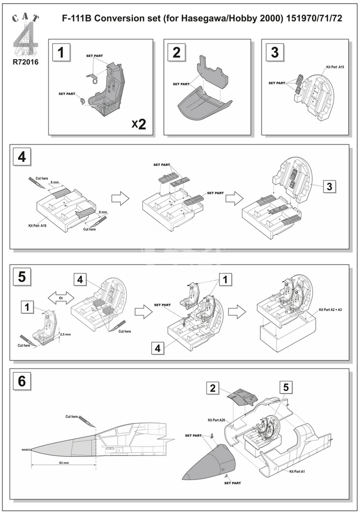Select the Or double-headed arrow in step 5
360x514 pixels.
pyautogui.click(x=61, y=298)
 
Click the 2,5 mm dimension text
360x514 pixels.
pyautogui.click(x=65, y=334)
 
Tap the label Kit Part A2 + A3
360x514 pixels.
pyautogui.click(x=330, y=310)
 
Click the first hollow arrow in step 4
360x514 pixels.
pyautogui.click(x=119, y=200)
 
